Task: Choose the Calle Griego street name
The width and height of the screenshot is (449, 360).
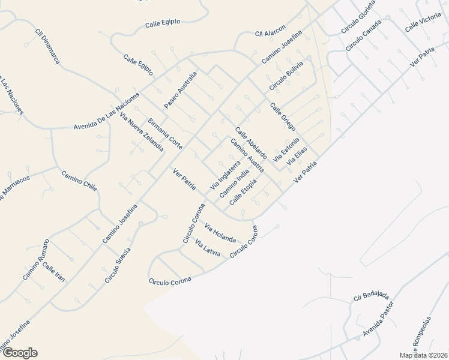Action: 283,113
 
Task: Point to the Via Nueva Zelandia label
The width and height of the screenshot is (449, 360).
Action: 142,131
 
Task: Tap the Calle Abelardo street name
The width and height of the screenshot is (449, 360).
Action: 250,142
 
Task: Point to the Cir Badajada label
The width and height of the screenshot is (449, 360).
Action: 372,296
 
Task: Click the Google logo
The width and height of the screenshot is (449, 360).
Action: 19,353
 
